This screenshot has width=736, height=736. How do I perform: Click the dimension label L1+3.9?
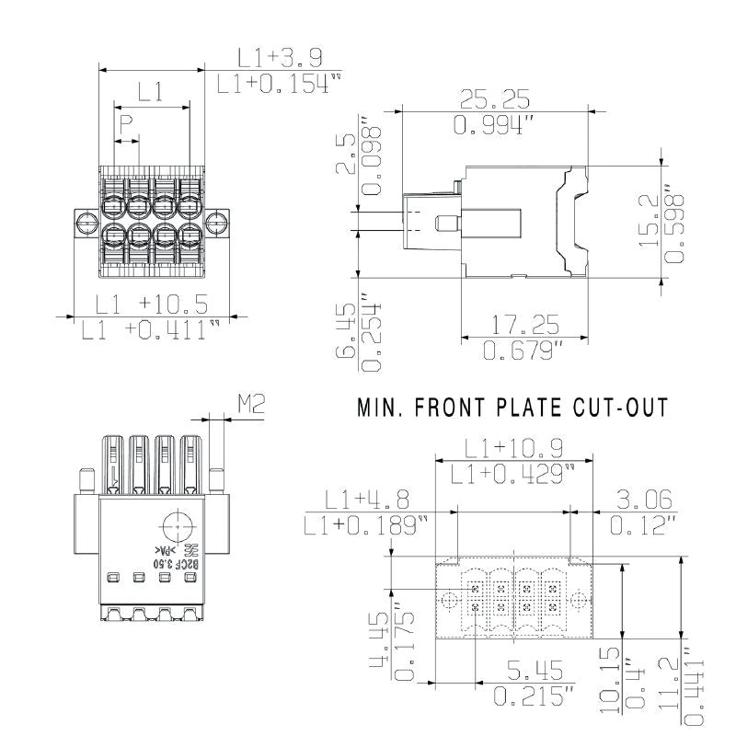(279, 58)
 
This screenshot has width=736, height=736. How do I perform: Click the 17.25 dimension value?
(523, 324)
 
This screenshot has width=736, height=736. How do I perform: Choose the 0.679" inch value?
(523, 351)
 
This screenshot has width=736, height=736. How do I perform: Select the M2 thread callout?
(251, 403)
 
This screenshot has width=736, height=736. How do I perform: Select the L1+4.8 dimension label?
(366, 500)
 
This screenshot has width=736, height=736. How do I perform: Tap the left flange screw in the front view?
(85, 221)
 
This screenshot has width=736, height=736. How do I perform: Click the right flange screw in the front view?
(217, 221)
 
